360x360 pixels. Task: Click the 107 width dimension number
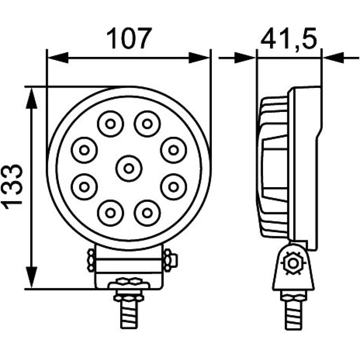click(129, 39)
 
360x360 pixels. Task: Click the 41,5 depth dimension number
click(289, 39)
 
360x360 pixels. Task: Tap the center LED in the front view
click(129, 168)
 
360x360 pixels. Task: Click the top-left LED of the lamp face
click(111, 124)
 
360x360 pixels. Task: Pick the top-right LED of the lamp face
click(147, 124)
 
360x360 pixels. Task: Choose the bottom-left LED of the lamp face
click(111, 213)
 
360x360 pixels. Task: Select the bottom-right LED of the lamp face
click(147, 213)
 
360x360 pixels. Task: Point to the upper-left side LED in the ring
click(84, 150)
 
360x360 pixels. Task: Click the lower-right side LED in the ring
click(174, 187)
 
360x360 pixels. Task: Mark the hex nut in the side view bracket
click(293, 263)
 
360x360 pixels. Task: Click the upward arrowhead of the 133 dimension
click(31, 98)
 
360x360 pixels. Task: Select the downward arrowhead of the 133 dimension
click(31, 277)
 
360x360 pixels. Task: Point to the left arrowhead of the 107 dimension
click(58, 58)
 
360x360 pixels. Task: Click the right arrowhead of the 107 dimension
click(199, 58)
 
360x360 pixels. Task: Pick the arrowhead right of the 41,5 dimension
click(334, 58)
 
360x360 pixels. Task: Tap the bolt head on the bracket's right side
click(171, 261)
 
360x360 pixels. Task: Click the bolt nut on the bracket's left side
click(91, 261)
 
